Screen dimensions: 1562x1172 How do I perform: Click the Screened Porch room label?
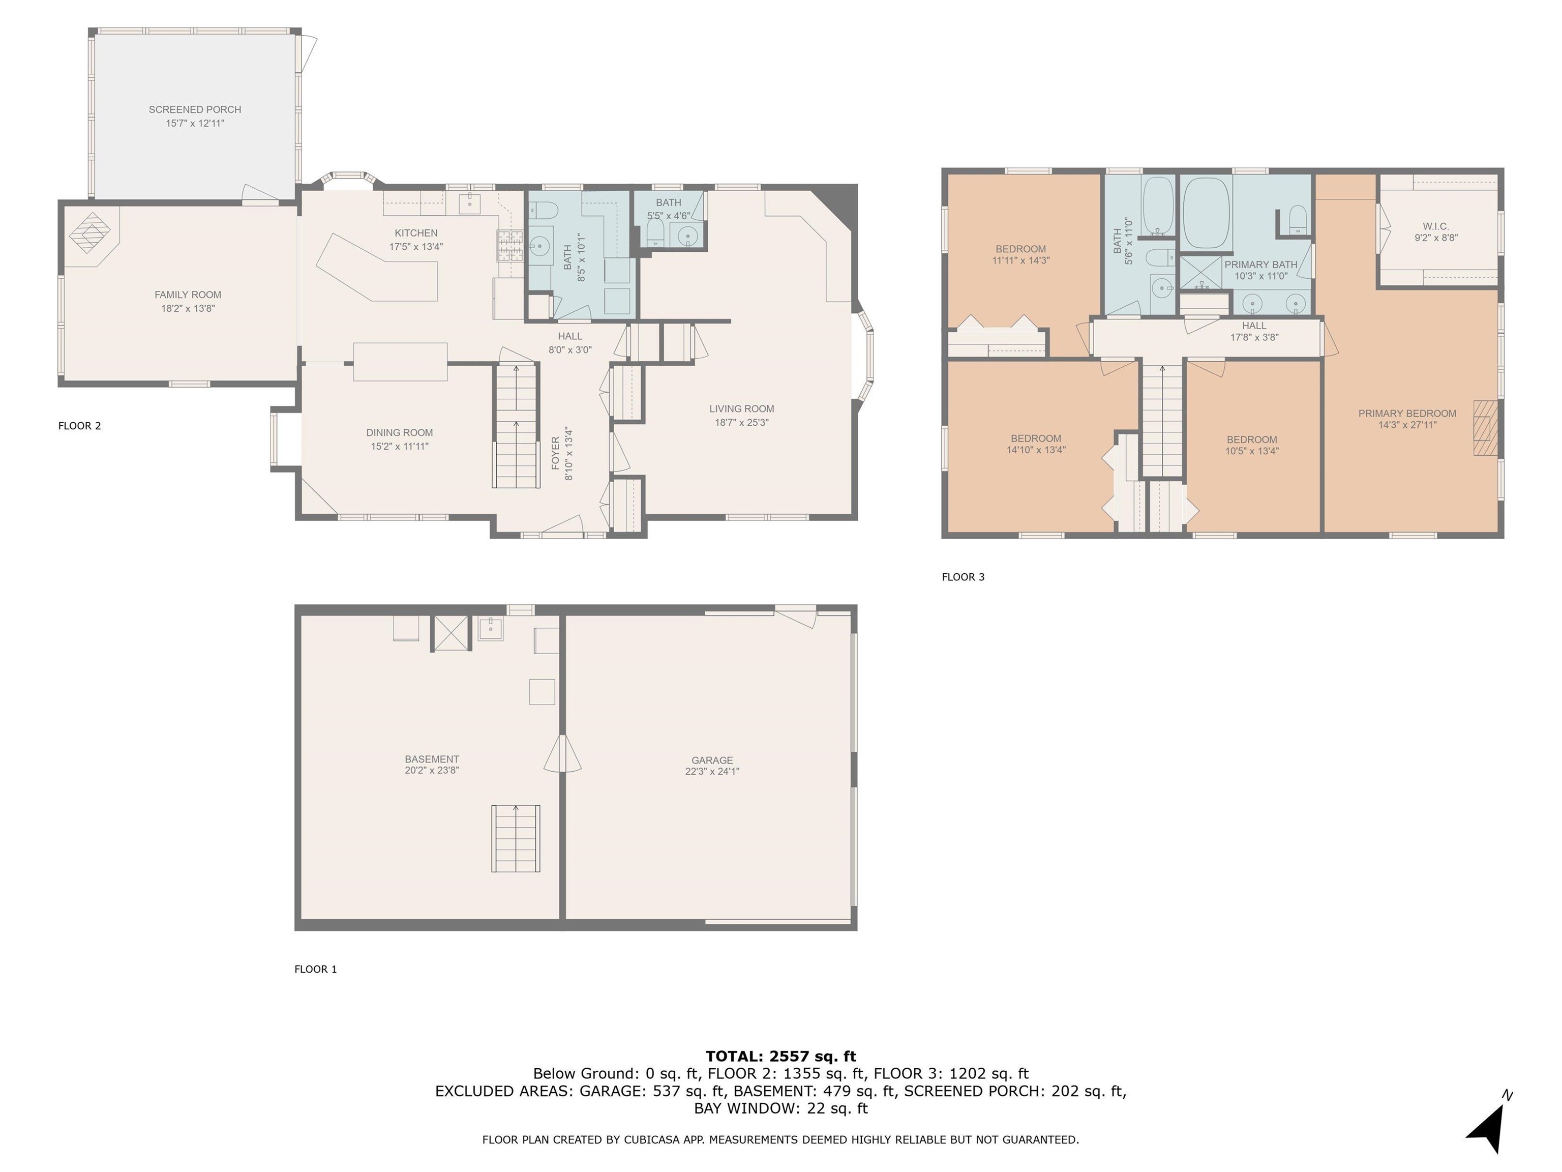(x=195, y=109)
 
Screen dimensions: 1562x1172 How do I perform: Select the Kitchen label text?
(x=416, y=233)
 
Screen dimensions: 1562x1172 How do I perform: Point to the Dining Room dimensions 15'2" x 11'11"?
(x=400, y=447)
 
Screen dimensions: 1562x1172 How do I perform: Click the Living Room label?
(x=741, y=409)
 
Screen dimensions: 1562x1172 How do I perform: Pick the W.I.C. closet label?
(x=1435, y=226)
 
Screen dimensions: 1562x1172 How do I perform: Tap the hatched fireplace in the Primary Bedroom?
(x=1484, y=428)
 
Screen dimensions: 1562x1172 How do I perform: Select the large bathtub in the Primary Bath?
(x=1208, y=213)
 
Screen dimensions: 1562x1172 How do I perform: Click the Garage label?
(x=712, y=761)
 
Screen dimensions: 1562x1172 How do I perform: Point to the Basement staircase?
(x=516, y=838)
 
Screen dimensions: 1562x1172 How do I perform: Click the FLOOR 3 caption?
(x=963, y=577)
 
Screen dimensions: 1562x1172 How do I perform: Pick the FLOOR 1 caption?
(x=316, y=969)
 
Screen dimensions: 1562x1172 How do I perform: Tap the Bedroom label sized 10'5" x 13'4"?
(x=1252, y=439)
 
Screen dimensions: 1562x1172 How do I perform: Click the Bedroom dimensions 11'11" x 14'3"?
(x=1021, y=260)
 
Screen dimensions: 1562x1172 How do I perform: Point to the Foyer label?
(x=556, y=453)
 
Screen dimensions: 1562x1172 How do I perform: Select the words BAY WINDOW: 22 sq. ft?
(x=781, y=1108)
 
